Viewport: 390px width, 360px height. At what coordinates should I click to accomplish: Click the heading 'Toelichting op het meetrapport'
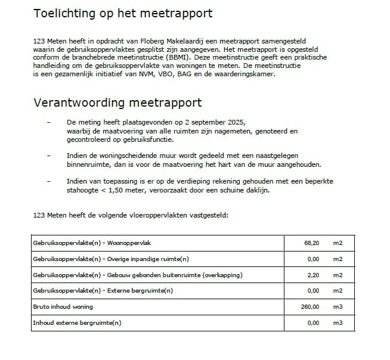pyautogui.click(x=122, y=13)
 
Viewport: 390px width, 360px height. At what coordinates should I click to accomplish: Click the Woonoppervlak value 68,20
pyautogui.click(x=311, y=243)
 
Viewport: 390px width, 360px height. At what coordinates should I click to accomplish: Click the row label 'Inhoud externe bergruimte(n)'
pyautogui.click(x=77, y=322)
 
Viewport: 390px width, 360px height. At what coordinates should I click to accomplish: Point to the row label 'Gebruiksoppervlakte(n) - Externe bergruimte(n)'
pyautogui.click(x=103, y=291)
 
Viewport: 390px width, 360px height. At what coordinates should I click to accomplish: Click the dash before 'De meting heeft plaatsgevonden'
pyautogui.click(x=48, y=121)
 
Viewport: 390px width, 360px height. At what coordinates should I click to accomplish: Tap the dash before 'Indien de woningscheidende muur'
pyautogui.click(x=48, y=156)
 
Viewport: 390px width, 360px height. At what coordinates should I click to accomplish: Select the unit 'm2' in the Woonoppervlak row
pyautogui.click(x=338, y=243)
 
